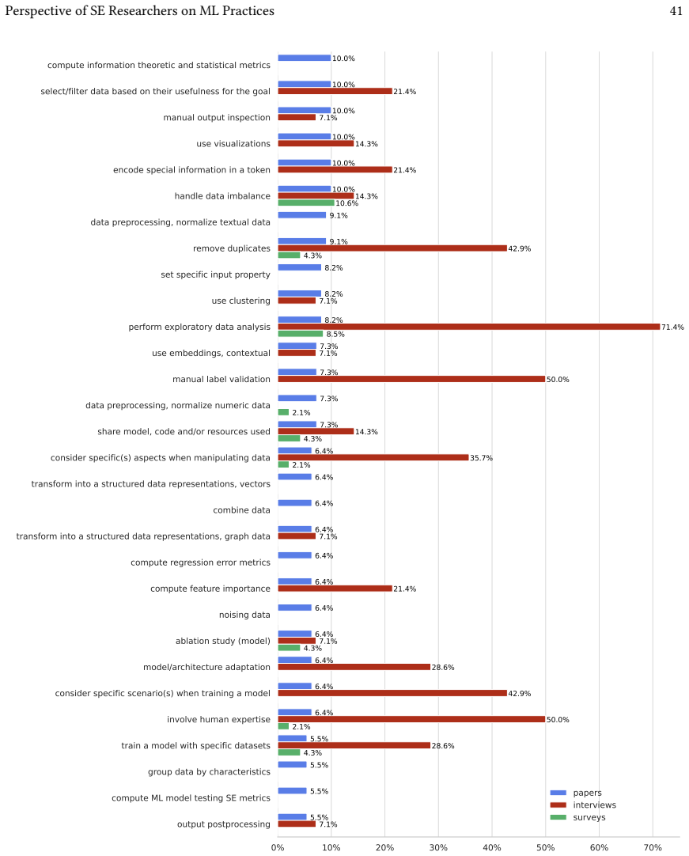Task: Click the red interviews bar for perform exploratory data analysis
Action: point(469,327)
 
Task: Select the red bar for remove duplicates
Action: point(392,248)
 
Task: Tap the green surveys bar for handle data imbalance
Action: point(306,203)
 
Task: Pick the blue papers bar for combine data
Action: point(295,503)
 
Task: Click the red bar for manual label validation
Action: point(411,380)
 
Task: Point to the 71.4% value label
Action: point(672,327)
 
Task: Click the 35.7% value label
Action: point(482,458)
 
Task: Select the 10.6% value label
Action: point(347,203)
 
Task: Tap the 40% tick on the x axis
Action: point(492,847)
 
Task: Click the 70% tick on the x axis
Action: point(653,847)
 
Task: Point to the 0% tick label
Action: point(278,847)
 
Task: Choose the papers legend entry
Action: point(576,793)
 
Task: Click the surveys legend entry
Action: point(578,817)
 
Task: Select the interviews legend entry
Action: point(583,805)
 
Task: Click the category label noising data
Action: point(244,615)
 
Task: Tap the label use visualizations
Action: point(233,143)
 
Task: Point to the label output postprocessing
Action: point(224,824)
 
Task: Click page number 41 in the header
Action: point(676,11)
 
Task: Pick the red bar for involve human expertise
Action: point(411,719)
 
